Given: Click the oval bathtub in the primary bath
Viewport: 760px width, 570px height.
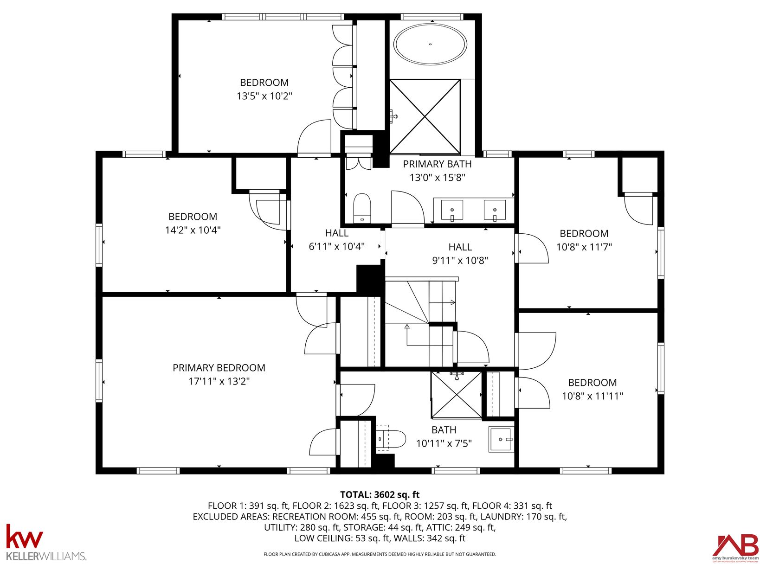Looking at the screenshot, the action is pos(430,45).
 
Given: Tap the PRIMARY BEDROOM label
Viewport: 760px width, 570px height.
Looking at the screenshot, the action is pos(219,367).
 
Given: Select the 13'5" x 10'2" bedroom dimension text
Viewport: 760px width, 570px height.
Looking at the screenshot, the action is pos(264,96).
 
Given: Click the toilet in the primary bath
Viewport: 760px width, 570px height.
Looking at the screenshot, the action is pos(362,208).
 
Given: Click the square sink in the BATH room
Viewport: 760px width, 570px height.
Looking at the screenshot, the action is pos(501,439).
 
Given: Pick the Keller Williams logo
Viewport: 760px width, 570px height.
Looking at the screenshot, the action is pos(46,542).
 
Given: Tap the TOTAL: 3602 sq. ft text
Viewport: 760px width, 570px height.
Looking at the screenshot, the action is pos(380,494).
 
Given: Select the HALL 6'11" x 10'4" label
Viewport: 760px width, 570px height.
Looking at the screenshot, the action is pos(336,240).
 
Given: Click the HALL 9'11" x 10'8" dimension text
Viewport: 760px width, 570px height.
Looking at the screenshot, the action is pos(460,260).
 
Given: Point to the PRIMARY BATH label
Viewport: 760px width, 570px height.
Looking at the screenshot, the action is pos(438,164).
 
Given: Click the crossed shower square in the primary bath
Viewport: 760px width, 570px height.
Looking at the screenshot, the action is pos(425,116).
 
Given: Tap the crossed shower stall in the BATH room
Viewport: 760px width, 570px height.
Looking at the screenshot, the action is pos(456,395).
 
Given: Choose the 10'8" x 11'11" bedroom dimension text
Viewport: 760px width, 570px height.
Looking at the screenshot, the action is pos(593,396).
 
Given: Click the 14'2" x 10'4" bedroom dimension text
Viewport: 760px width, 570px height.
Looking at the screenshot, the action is pos(193,230).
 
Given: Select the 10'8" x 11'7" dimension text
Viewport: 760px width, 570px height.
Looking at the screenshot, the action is pos(584,247).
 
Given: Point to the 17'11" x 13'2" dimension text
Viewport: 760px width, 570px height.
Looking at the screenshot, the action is pos(219,381).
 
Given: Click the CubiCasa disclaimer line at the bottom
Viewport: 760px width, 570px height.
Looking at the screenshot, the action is pos(380,554).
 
